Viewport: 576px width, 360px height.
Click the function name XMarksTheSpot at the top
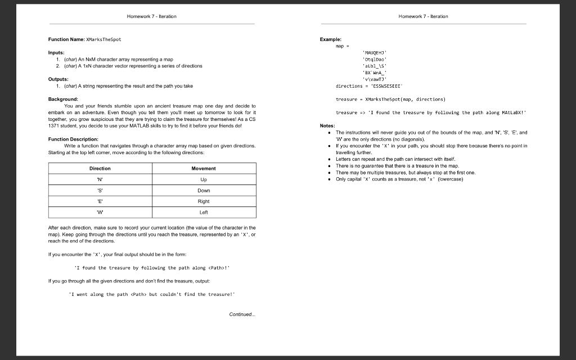103,39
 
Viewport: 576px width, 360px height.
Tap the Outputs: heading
59,79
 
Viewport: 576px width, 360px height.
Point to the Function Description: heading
74,139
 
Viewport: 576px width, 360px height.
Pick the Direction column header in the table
100,168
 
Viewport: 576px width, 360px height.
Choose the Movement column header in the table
204,168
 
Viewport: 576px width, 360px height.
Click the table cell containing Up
204,179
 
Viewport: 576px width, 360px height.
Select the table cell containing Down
204,190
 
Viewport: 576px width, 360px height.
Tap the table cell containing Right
204,201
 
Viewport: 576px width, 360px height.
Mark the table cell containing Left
204,212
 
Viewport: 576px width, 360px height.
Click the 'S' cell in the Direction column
100,190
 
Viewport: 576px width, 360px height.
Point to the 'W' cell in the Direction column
100,212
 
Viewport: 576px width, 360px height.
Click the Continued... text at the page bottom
242,314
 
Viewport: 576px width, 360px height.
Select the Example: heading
331,39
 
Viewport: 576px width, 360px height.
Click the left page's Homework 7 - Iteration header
152,16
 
